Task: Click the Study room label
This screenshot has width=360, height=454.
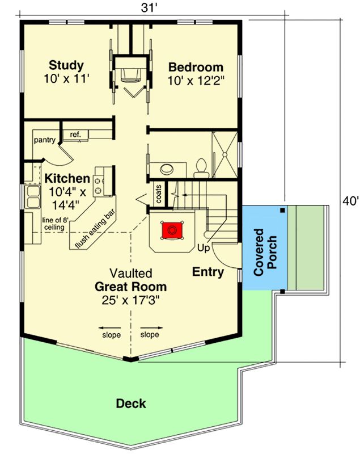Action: (x=66, y=65)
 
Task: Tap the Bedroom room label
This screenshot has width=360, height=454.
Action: (x=196, y=67)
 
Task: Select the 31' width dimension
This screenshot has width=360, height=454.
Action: (x=149, y=7)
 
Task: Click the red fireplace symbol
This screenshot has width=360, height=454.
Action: (x=172, y=230)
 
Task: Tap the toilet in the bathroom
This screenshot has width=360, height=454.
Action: (x=201, y=167)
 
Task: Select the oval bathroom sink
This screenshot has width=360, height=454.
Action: (x=167, y=169)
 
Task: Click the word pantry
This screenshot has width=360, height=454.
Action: (x=45, y=140)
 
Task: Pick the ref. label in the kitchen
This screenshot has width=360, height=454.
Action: (x=75, y=134)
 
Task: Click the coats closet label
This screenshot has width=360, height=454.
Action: (x=159, y=194)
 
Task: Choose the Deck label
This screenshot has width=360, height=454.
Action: (x=131, y=403)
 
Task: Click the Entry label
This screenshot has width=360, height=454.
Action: (x=208, y=272)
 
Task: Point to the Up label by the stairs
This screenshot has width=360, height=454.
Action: (x=204, y=248)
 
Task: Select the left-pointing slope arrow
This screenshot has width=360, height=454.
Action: (x=109, y=328)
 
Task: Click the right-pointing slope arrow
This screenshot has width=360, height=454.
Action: (x=152, y=328)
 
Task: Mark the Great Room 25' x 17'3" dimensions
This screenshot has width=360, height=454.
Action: (x=131, y=301)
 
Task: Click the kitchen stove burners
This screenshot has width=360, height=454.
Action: (x=98, y=186)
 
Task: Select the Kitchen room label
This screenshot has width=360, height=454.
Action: (x=67, y=178)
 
